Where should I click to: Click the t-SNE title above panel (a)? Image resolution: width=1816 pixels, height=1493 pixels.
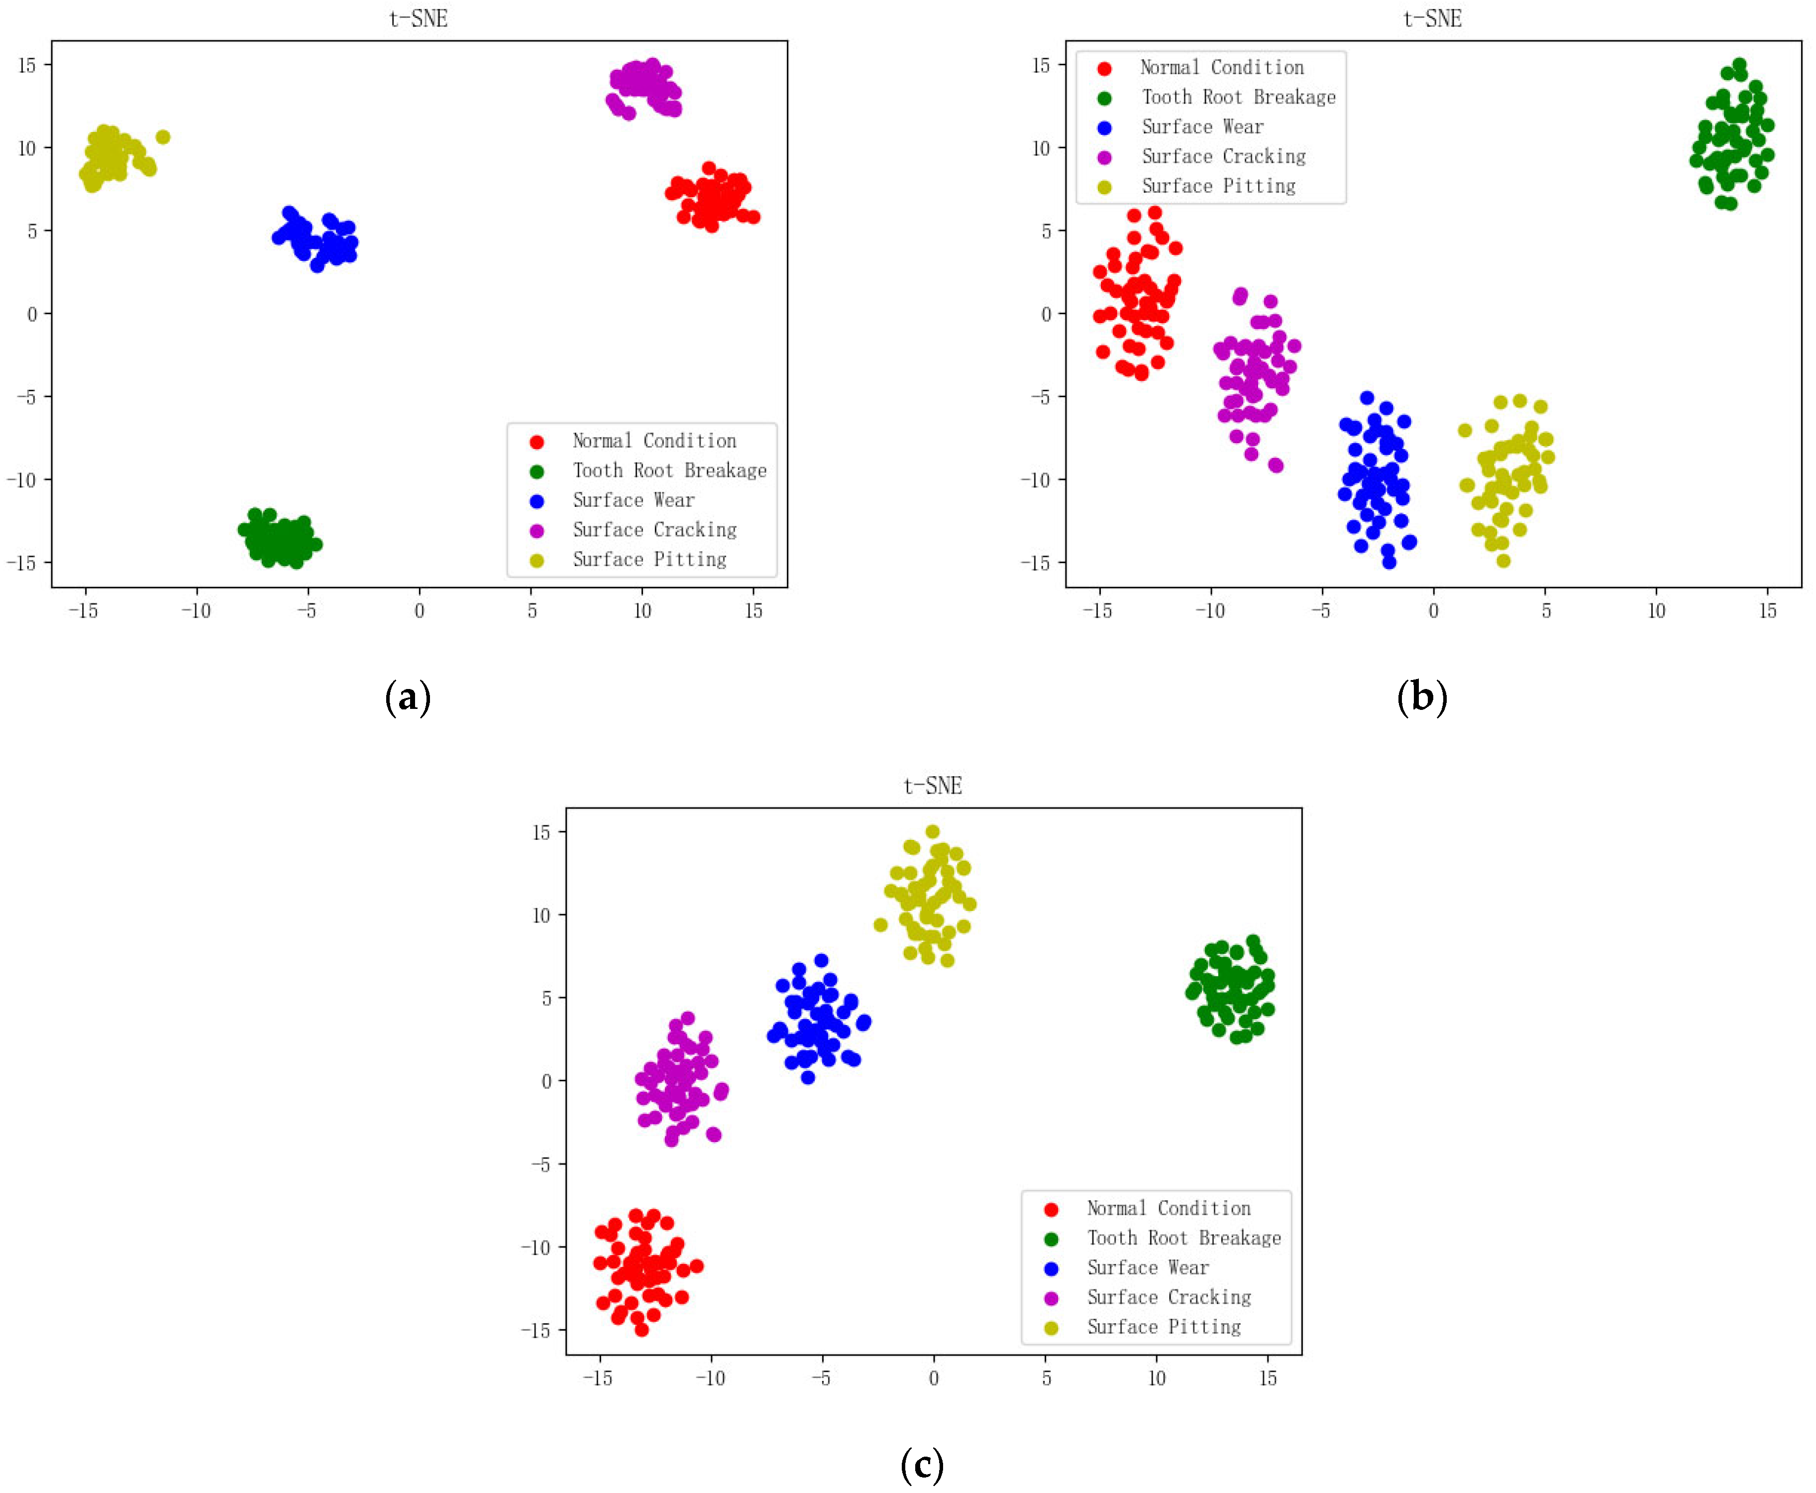click(x=419, y=18)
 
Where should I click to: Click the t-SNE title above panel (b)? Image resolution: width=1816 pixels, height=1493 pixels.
click(x=1432, y=18)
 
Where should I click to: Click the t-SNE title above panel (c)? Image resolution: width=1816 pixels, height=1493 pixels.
click(x=933, y=785)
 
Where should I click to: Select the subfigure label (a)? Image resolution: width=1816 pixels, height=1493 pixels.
click(x=408, y=696)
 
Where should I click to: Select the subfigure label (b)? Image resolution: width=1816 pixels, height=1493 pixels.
click(x=1422, y=696)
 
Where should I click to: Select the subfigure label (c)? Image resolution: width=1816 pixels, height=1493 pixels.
click(x=922, y=1464)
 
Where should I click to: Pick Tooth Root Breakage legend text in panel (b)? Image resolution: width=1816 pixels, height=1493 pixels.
click(x=1238, y=97)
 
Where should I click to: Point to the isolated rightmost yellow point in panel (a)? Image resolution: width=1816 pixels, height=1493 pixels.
click(x=163, y=137)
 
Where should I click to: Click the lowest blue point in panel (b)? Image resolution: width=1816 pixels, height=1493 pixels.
click(x=1389, y=562)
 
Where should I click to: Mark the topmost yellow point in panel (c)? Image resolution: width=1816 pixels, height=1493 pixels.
click(x=932, y=832)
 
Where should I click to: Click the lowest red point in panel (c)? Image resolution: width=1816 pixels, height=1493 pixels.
click(x=641, y=1330)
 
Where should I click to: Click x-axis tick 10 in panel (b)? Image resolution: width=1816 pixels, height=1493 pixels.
click(x=1656, y=611)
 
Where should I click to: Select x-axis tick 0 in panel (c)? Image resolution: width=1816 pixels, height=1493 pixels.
click(x=934, y=1378)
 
